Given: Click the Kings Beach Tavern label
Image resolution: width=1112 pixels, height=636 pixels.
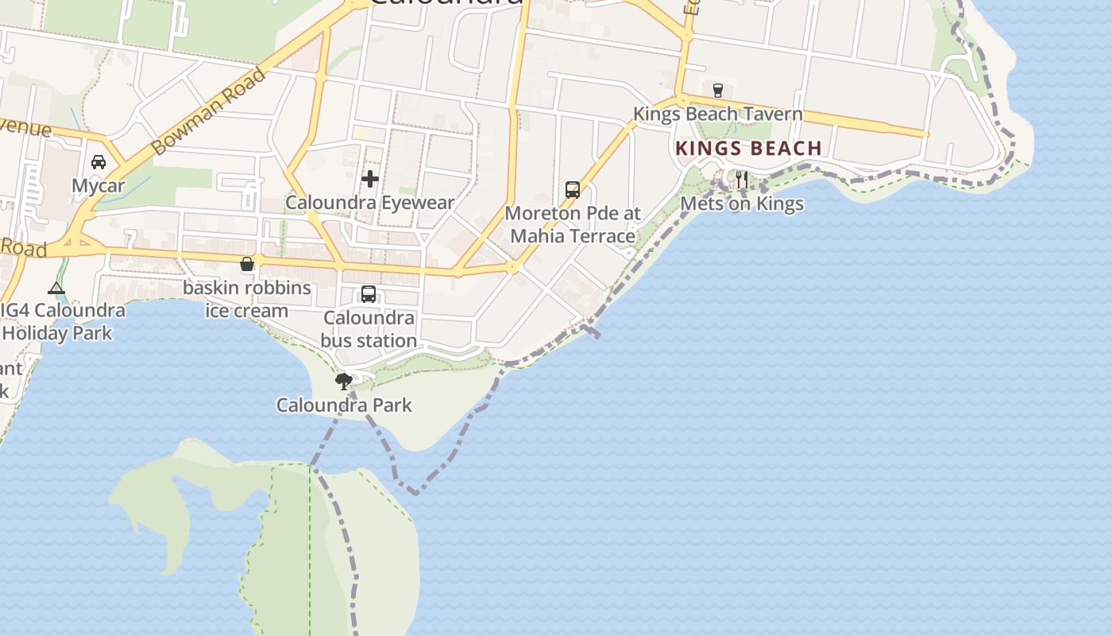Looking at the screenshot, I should click(x=717, y=114).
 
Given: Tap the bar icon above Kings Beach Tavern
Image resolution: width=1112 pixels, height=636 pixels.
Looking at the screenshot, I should click(x=718, y=90).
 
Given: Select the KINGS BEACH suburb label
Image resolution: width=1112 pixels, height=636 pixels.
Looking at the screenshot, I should click(x=748, y=149).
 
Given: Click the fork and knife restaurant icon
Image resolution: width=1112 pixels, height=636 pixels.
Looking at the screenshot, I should click(x=741, y=179).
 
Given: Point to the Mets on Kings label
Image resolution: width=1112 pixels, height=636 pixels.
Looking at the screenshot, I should click(x=742, y=204).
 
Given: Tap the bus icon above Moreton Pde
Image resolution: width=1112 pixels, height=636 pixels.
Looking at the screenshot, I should click(x=573, y=189).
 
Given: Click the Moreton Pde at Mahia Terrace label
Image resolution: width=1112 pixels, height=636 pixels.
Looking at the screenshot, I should click(x=573, y=225).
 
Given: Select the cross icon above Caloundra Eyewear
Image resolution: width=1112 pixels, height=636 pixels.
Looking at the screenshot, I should click(x=369, y=179).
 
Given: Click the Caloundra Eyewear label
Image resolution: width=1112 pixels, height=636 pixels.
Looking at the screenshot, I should click(x=369, y=203).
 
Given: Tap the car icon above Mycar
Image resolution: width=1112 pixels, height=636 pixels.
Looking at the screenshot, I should click(x=98, y=162).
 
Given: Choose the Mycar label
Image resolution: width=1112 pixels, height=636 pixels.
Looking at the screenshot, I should click(x=98, y=186).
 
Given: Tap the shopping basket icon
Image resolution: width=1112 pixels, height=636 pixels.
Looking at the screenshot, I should click(x=247, y=264).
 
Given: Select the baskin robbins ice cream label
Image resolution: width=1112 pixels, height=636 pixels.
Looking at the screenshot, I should click(x=247, y=299).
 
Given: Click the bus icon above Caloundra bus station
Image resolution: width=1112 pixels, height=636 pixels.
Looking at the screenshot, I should click(x=369, y=294).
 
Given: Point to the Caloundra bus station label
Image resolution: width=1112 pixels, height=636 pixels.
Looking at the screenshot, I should click(x=369, y=329).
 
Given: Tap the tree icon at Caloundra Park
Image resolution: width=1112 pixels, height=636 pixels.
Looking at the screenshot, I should click(x=344, y=382).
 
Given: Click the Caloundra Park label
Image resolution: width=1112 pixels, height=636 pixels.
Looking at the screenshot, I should click(x=344, y=405).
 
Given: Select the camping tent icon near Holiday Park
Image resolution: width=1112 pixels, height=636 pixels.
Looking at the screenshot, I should click(x=56, y=288).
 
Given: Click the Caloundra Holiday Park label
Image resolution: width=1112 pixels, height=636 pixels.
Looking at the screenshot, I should click(x=60, y=322).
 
